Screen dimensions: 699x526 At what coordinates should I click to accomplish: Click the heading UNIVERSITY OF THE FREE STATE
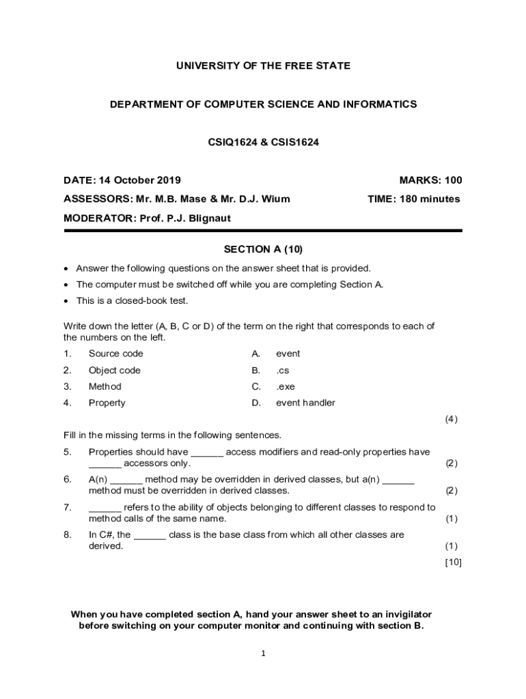[263, 66]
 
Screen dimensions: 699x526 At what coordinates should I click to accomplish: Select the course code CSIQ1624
[230, 143]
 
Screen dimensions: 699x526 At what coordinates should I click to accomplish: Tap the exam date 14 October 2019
[140, 180]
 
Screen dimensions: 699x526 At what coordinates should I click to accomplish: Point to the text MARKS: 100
[430, 180]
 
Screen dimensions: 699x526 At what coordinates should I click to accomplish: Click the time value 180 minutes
[428, 199]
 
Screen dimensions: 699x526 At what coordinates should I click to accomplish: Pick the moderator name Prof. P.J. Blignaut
[195, 218]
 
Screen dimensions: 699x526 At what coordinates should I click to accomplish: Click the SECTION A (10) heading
[263, 250]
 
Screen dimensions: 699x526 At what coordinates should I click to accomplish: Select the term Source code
[115, 354]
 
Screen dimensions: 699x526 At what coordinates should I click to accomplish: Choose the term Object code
[114, 370]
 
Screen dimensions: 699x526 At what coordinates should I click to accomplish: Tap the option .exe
[286, 386]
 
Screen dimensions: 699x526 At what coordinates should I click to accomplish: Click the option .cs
[283, 370]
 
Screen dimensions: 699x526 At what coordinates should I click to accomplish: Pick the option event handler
[305, 403]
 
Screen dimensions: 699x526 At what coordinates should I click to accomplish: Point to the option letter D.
[256, 403]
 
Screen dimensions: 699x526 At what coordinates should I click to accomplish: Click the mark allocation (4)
[451, 419]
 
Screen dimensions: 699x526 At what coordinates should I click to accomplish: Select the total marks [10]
[453, 562]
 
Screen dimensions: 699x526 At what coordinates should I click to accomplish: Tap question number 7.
[67, 507]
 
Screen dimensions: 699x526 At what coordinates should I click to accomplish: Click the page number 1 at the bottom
[263, 654]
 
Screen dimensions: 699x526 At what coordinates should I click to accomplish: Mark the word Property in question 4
[107, 403]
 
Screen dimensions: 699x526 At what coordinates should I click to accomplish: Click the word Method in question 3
[105, 386]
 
